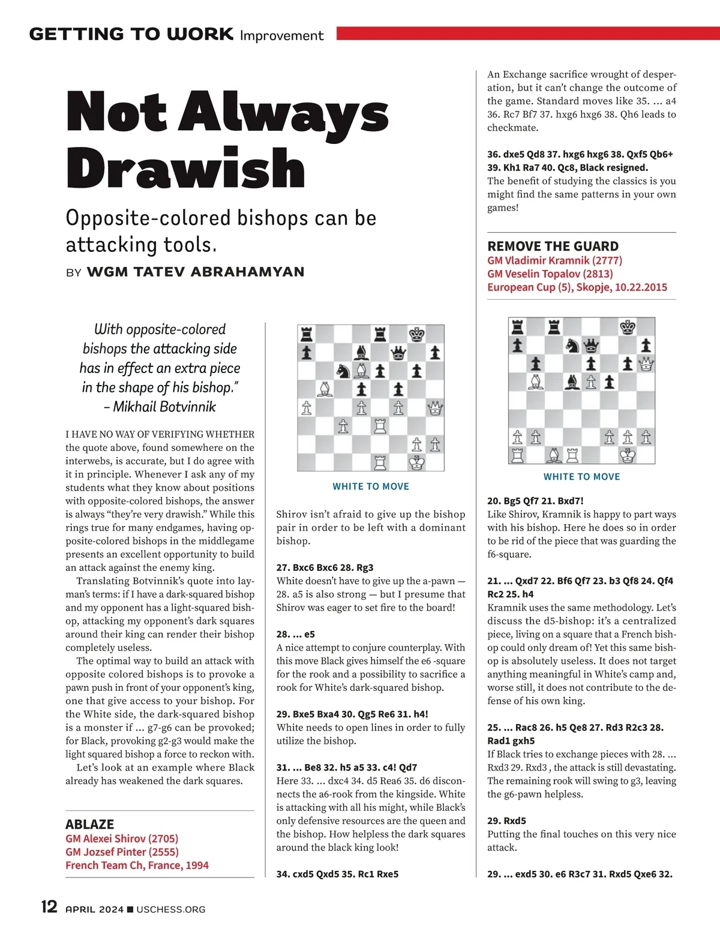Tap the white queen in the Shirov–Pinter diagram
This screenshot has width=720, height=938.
tap(435, 408)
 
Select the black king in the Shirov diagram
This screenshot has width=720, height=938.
tap(416, 334)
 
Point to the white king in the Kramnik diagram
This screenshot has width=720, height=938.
tap(628, 455)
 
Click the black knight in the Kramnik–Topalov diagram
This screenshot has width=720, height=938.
tap(572, 345)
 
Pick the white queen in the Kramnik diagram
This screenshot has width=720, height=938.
tap(646, 363)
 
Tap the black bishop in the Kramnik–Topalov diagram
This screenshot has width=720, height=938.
tap(572, 381)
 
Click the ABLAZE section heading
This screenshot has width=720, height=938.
tap(89, 824)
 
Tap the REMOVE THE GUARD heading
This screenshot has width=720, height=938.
tap(553, 246)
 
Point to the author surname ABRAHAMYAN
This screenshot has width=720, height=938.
tap(247, 272)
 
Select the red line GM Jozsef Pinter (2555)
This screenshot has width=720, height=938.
tap(122, 852)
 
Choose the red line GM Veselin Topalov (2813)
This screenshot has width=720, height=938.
tap(550, 273)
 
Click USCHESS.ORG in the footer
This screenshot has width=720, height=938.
tap(171, 909)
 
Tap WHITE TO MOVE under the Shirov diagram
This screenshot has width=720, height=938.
tap(371, 486)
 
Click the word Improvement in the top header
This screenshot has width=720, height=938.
tap(281, 35)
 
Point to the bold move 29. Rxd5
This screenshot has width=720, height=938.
tap(506, 820)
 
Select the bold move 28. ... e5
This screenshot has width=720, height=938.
tap(295, 634)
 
